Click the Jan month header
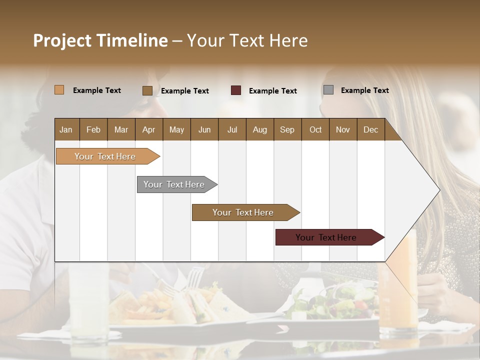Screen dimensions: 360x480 tap(66, 129)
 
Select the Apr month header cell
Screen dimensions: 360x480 tap(149, 129)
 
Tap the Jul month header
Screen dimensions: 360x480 tap(232, 129)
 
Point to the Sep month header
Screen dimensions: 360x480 tap(287, 129)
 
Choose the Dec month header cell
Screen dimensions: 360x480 tap(370, 129)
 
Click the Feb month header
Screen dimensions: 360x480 tap(93, 129)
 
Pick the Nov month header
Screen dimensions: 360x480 tap(342, 129)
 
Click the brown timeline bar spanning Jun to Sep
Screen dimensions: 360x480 tap(243, 212)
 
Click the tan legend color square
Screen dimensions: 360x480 tap(59, 90)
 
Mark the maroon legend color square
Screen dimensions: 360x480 tap(236, 90)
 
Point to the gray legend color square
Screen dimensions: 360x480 tap(328, 90)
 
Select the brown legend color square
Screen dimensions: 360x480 tap(147, 90)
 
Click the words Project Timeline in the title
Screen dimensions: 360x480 tap(100, 40)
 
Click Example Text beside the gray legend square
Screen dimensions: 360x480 tap(364, 90)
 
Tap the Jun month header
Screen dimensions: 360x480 tap(204, 129)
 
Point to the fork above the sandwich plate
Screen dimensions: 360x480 tap(192, 280)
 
